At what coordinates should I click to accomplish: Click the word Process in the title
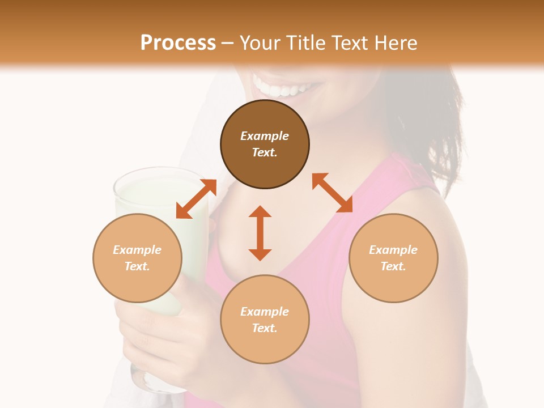click(x=178, y=43)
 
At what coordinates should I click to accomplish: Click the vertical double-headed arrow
click(x=260, y=233)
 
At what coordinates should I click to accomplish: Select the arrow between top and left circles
click(x=196, y=199)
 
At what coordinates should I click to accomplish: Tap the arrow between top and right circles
click(x=332, y=193)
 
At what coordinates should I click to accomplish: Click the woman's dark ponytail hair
click(x=448, y=130)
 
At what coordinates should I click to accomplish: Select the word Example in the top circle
click(x=265, y=136)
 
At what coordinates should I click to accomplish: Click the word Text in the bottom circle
click(x=265, y=328)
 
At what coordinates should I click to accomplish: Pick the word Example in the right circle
click(x=393, y=250)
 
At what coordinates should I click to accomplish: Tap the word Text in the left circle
click(x=137, y=266)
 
